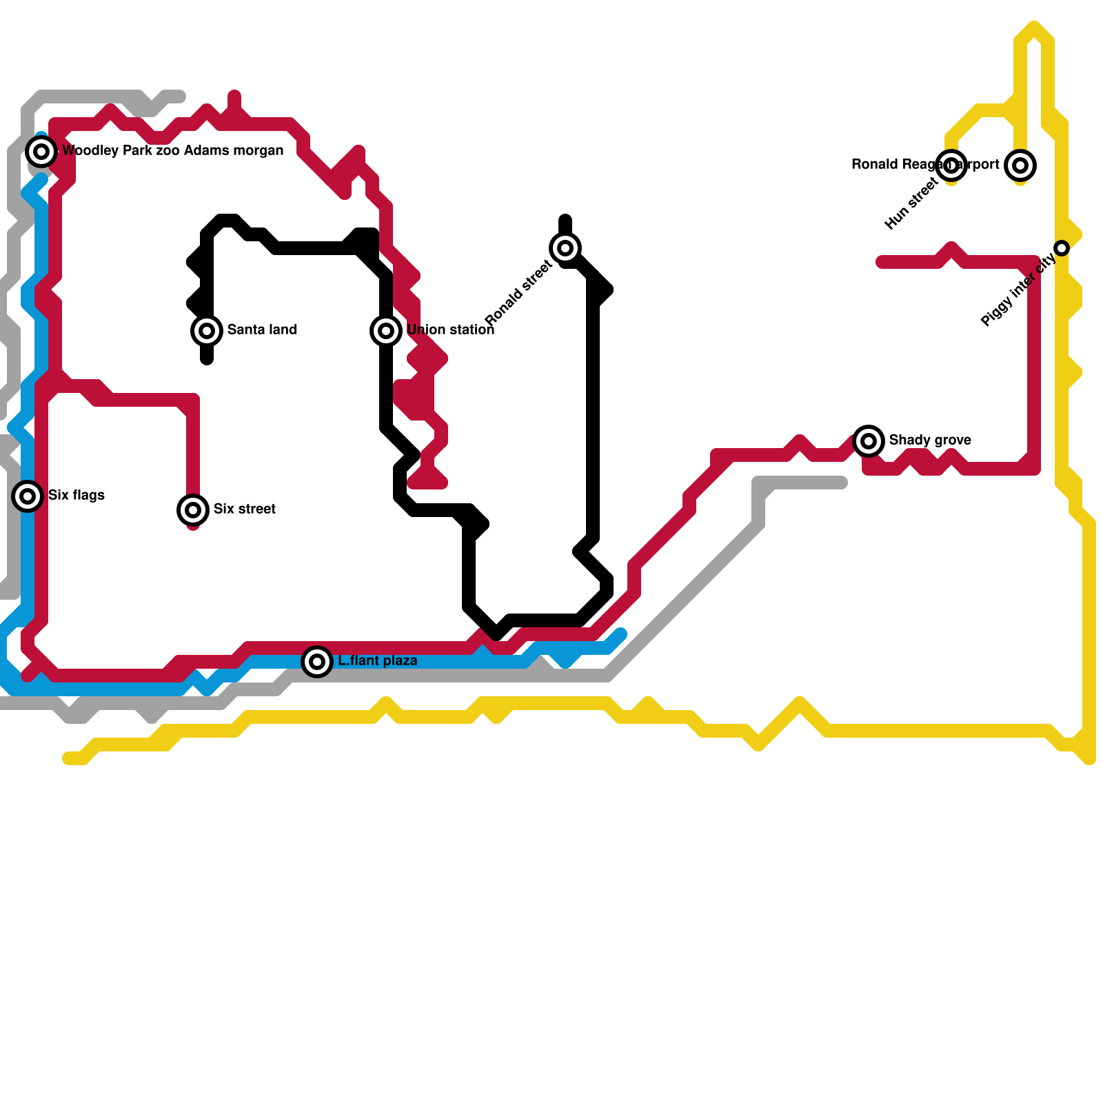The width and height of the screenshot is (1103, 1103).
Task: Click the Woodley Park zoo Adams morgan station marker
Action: coord(41,151)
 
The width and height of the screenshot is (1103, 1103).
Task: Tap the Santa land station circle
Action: coord(207,330)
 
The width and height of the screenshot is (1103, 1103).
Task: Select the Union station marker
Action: coord(386,330)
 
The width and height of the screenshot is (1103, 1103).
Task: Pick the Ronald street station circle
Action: coord(565,247)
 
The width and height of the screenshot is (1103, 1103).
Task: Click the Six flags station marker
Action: coord(28,496)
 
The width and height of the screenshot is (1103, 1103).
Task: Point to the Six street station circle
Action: coord(193,509)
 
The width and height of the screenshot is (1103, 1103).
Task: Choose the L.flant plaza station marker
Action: coord(317,661)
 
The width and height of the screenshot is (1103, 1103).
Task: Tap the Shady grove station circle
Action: coord(869,441)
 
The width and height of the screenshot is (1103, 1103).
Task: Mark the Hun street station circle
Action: coord(951,165)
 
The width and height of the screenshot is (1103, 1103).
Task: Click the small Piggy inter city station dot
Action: coord(1062,247)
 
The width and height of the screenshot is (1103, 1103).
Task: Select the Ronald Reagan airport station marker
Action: coord(1020,165)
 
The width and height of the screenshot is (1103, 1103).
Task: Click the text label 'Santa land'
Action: coord(262,330)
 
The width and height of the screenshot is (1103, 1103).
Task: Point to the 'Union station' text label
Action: coord(451,330)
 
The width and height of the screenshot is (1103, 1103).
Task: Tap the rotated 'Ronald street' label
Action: coord(518,292)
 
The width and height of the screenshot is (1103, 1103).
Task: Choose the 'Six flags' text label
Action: coord(77,495)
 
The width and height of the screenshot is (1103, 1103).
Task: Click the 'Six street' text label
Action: coord(245,509)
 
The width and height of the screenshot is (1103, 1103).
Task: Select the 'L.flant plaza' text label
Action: coord(378,660)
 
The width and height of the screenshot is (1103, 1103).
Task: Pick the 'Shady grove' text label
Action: coord(930,440)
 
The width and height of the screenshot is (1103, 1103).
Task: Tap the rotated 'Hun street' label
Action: coord(911,203)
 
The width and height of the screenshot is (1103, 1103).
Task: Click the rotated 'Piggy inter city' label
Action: coord(1018,290)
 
